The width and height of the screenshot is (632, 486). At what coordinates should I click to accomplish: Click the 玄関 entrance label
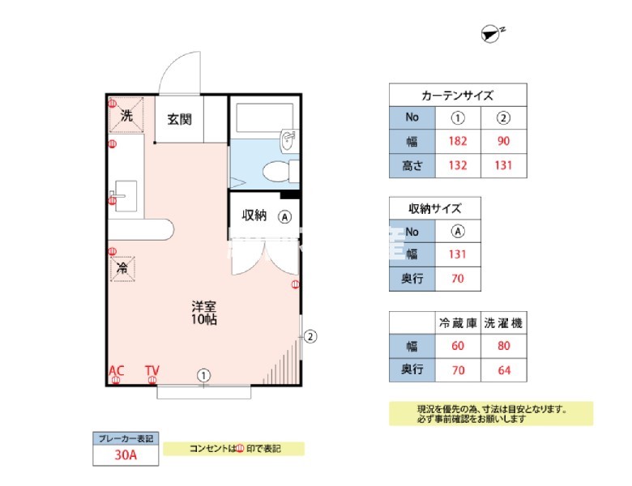tap(179, 120)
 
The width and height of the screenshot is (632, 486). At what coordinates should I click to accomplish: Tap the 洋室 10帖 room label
tap(203, 313)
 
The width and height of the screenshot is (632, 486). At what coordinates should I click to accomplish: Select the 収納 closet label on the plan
tap(254, 215)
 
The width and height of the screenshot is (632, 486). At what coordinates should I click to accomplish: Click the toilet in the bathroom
tap(278, 171)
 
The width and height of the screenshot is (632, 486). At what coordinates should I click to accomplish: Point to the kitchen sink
tap(126, 195)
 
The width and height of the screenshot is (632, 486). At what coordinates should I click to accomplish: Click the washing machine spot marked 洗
tap(126, 115)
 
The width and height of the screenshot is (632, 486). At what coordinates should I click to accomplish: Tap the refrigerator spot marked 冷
tap(122, 267)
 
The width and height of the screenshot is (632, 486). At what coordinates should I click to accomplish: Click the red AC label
tap(117, 371)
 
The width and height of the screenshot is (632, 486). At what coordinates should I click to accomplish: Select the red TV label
tap(152, 371)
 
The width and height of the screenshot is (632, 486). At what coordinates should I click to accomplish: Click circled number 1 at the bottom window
tap(204, 374)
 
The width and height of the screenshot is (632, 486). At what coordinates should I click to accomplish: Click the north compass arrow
tap(491, 32)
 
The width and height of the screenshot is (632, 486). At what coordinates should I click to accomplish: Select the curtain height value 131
tap(503, 166)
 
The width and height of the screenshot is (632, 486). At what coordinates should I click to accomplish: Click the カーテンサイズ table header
tap(457, 95)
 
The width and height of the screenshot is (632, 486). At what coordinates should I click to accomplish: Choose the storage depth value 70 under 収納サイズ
tap(457, 279)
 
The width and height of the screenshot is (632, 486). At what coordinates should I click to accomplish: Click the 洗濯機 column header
tap(503, 322)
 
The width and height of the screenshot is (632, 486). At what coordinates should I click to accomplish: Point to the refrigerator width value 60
tap(457, 347)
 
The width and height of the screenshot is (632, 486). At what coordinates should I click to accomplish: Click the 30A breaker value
tap(126, 455)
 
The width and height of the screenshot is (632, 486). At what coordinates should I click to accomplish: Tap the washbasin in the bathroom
tap(288, 141)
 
